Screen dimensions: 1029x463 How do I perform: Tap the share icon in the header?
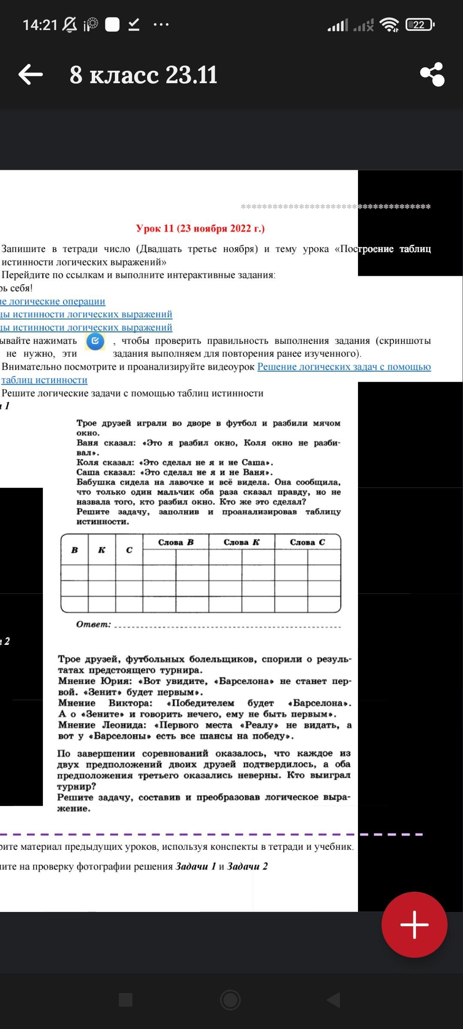pyautogui.click(x=432, y=75)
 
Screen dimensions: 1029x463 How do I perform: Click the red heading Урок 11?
pyautogui.click(x=200, y=228)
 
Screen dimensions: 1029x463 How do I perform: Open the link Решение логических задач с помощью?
pyautogui.click(x=344, y=367)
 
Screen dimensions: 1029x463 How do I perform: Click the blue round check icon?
pyautogui.click(x=95, y=341)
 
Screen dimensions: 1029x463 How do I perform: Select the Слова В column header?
pyautogui.click(x=176, y=542)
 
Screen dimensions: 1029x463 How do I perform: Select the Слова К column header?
pyautogui.click(x=241, y=542)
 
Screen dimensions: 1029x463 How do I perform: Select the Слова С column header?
pyautogui.click(x=307, y=542)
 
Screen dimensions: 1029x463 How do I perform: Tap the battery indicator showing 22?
pyautogui.click(x=420, y=25)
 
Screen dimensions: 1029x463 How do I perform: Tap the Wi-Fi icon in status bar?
pyautogui.click(x=390, y=25)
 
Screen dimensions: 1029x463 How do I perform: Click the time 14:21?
pyautogui.click(x=40, y=25)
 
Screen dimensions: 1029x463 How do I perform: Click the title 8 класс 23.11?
pyautogui.click(x=144, y=75)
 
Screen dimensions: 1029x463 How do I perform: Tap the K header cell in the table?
pyautogui.click(x=102, y=550)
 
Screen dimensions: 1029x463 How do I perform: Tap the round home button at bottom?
pyautogui.click(x=230, y=1000)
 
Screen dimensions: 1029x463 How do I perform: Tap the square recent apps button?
pyautogui.click(x=125, y=1000)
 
